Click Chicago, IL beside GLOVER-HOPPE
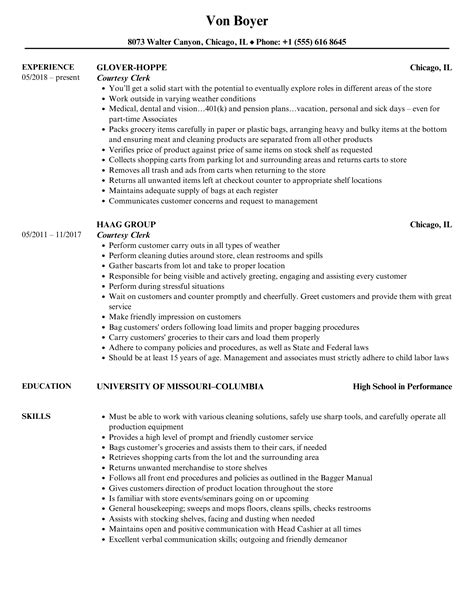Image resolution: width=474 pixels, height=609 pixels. click(x=431, y=69)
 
